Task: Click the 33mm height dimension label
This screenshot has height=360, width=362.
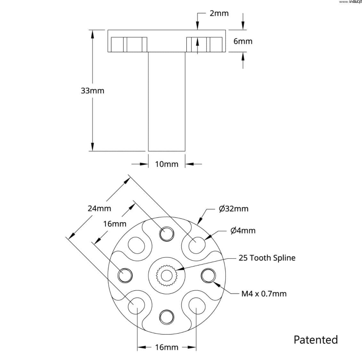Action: click(x=93, y=91)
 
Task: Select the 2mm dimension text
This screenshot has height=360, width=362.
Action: click(x=219, y=13)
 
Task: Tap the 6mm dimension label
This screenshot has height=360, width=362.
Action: click(x=243, y=41)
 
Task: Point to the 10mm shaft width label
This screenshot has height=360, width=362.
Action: click(x=166, y=164)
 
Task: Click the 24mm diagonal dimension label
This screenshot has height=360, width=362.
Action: click(x=99, y=208)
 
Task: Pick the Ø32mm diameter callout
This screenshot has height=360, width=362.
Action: click(x=234, y=209)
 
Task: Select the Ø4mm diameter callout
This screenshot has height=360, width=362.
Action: click(x=243, y=231)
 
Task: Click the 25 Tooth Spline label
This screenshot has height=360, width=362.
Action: click(x=267, y=258)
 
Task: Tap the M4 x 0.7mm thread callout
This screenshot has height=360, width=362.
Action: click(x=264, y=293)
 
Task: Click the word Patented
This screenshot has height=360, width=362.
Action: click(x=316, y=340)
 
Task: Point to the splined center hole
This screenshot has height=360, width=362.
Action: click(x=166, y=275)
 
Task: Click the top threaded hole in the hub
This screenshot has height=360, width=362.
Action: click(x=166, y=233)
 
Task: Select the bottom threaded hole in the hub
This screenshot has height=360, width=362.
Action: click(x=166, y=317)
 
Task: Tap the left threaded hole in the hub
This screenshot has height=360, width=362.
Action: click(x=125, y=275)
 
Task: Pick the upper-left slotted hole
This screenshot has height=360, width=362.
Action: click(x=136, y=245)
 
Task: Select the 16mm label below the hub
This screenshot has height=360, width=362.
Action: click(x=166, y=347)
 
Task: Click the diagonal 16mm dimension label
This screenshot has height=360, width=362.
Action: click(x=115, y=224)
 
